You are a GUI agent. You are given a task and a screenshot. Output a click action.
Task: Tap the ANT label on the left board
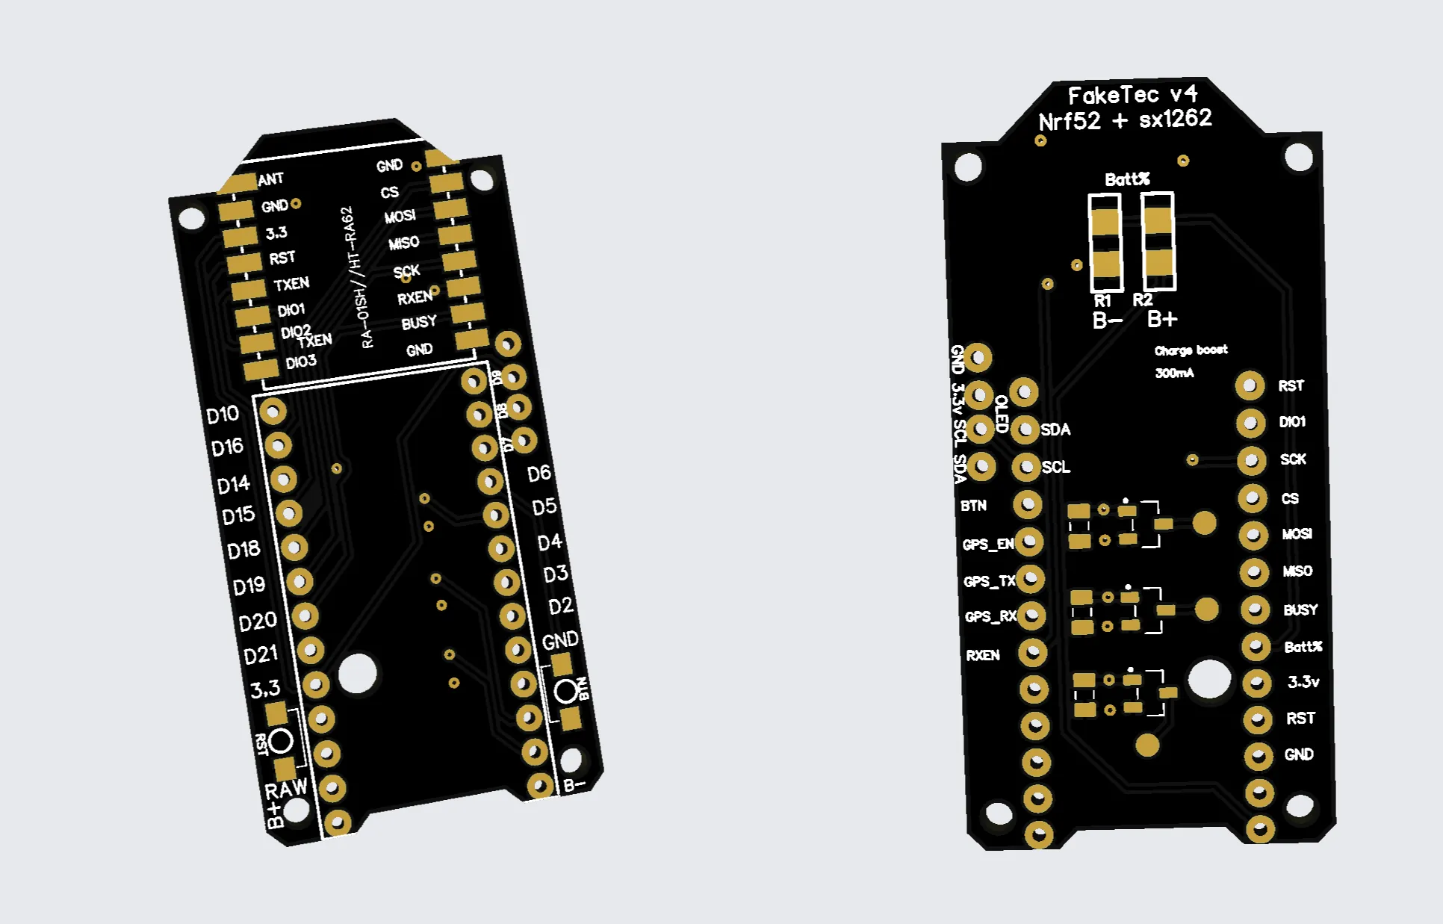(270, 179)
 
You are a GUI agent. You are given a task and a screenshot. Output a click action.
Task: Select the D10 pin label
(223, 415)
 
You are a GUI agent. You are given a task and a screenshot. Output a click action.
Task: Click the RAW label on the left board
(286, 789)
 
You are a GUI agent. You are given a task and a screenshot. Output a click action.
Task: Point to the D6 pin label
(539, 474)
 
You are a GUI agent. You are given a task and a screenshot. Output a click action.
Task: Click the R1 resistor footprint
(1105, 242)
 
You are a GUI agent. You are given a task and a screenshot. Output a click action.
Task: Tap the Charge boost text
(1191, 350)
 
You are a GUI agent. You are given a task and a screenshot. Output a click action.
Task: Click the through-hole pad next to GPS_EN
(1029, 542)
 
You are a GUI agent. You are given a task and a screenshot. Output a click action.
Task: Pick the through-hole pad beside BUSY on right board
(1255, 610)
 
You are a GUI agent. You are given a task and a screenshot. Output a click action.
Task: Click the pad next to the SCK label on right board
(1251, 460)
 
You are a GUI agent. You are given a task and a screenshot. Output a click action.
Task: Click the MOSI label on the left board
(400, 217)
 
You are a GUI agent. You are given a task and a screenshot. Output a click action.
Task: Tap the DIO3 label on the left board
(301, 362)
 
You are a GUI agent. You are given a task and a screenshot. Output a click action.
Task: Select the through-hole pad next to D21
(310, 650)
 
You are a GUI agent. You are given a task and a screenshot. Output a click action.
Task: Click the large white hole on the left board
(357, 673)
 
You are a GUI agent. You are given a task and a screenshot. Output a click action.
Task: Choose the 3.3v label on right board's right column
(1303, 681)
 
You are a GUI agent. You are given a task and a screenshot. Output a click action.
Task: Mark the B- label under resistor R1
(1107, 321)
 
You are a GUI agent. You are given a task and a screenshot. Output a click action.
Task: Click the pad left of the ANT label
(238, 183)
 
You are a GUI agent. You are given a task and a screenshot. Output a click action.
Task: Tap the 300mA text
(1174, 373)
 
